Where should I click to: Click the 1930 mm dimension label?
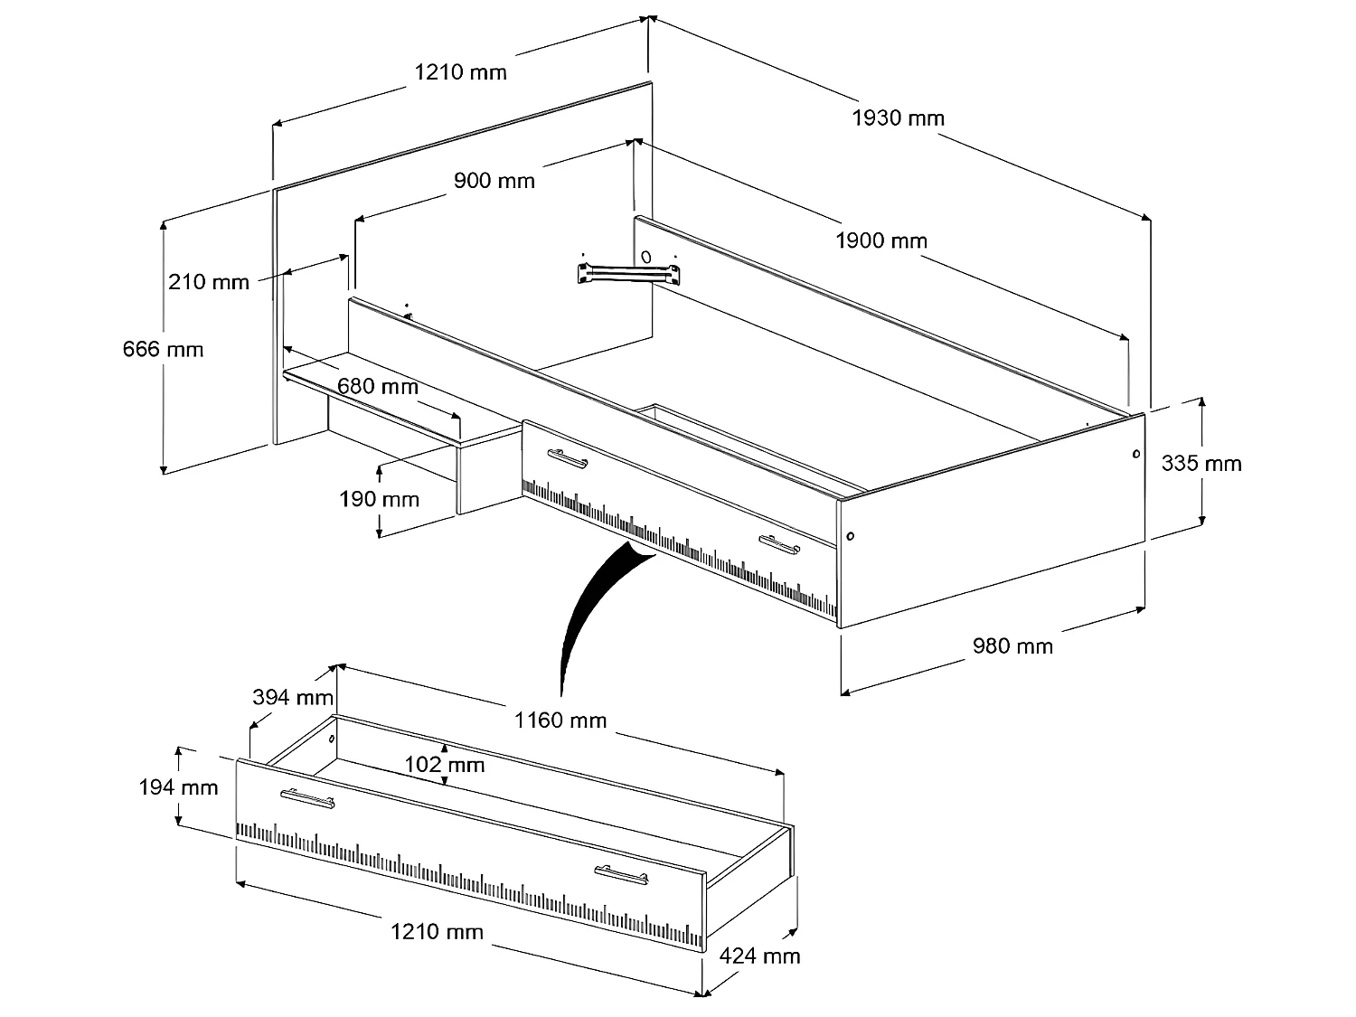(898, 118)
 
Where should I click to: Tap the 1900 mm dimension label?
(881, 240)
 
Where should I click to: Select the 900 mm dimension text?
(494, 181)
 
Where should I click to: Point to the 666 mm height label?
(164, 349)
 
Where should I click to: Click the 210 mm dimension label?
(209, 282)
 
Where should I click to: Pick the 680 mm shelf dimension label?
(378, 387)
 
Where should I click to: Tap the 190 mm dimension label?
(380, 499)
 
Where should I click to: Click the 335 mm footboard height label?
(1201, 464)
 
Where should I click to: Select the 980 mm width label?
(1012, 645)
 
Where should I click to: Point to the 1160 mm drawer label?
(560, 720)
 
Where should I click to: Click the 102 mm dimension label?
(444, 765)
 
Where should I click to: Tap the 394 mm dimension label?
(293, 698)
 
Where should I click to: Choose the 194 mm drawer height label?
(178, 787)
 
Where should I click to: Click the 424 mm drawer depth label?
(759, 956)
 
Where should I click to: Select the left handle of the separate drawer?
(307, 798)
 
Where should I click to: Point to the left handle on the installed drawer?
(567, 459)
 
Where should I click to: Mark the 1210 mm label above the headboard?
(461, 71)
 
